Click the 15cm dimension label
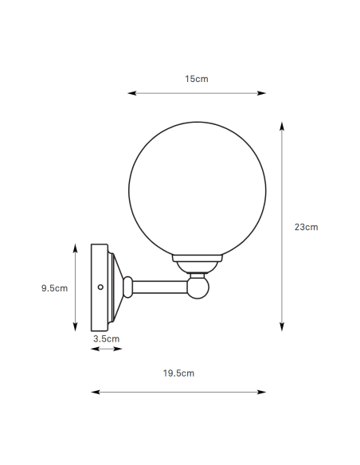point(196,79)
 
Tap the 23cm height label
point(306,227)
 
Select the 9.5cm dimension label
point(55,288)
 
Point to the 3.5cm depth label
point(106,338)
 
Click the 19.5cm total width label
point(178,373)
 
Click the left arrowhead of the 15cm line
point(130,93)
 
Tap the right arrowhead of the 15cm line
point(264,93)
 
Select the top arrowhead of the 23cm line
point(282,124)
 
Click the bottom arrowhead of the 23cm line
point(282,328)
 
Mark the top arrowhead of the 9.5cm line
point(76,248)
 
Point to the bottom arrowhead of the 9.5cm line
point(76,328)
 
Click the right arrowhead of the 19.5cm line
point(264,392)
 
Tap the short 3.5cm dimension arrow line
point(107,348)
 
